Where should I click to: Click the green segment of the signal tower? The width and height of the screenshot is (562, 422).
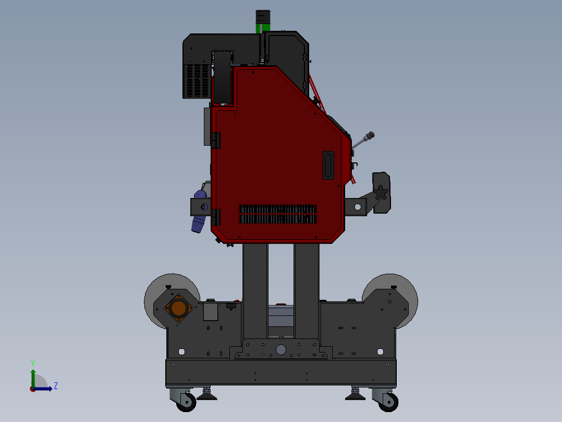point(263,28)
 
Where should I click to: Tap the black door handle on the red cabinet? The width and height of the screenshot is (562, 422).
point(328,165)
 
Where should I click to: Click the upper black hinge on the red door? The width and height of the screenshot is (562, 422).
point(216,140)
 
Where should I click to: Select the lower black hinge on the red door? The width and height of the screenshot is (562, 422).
point(216,217)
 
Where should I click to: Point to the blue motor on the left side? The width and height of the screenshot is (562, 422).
point(199,212)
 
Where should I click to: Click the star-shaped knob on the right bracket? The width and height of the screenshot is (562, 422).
point(380,193)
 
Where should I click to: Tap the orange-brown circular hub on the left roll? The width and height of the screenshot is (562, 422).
point(178,308)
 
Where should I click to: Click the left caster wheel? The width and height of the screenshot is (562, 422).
point(187,403)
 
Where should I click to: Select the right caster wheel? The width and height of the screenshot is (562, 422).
point(389,403)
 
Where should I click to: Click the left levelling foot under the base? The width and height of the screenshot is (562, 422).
point(207,394)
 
